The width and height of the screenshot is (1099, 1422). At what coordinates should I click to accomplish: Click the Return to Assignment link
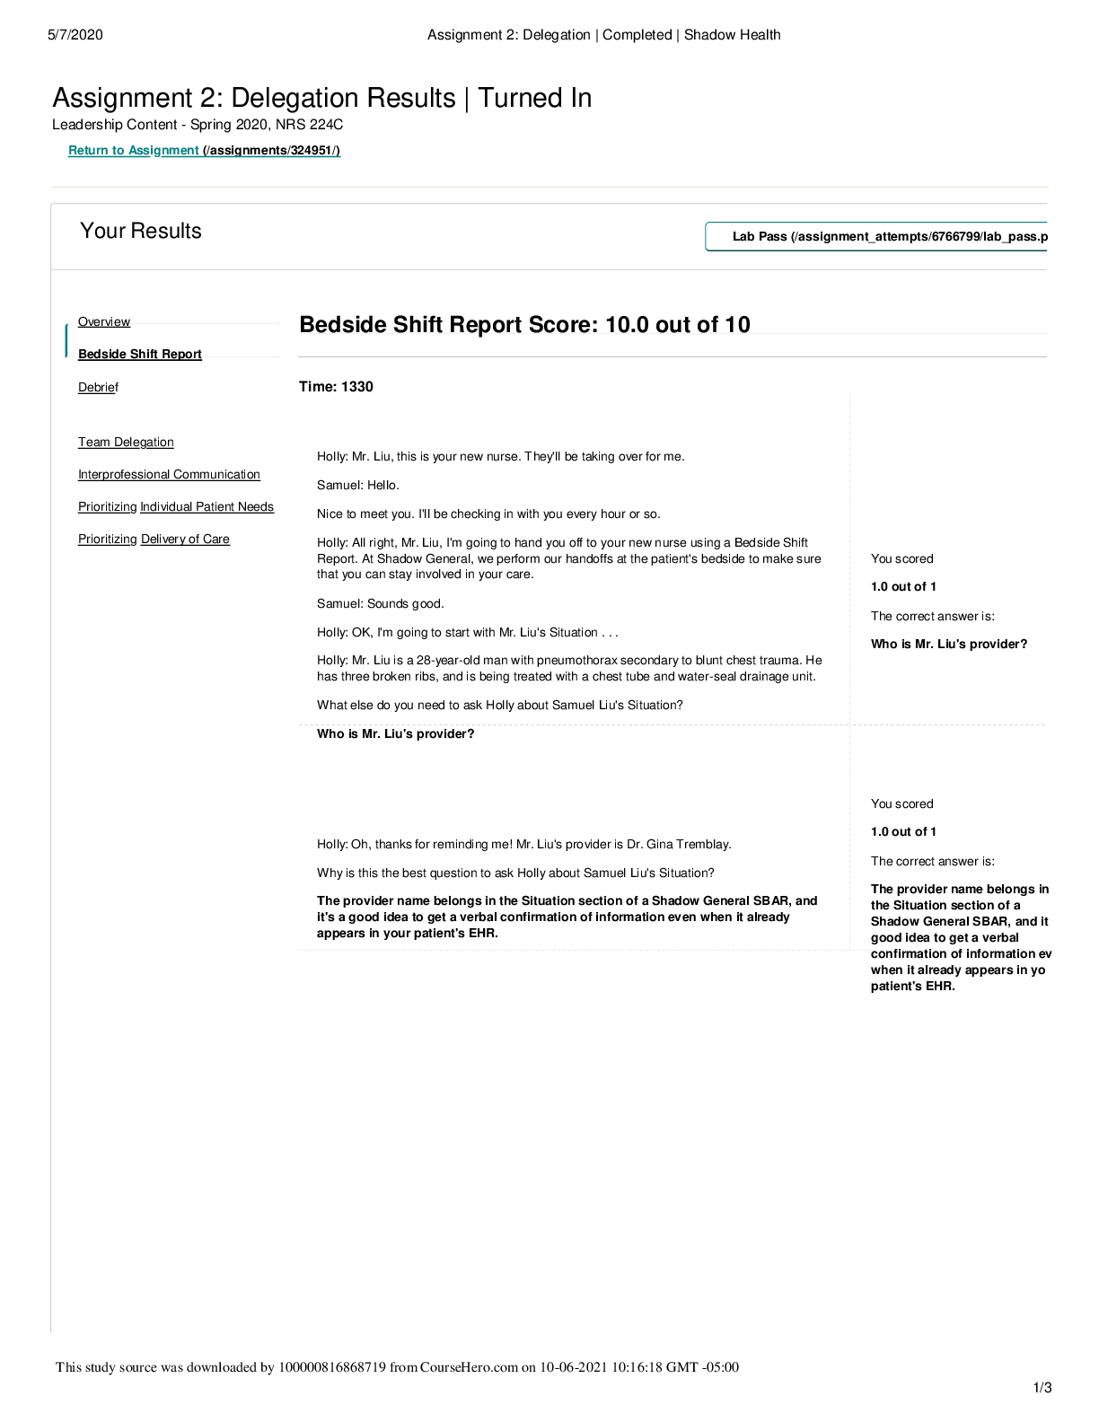(134, 150)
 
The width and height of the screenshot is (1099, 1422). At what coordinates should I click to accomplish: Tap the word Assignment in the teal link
(163, 150)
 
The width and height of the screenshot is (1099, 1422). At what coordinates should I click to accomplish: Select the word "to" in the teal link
(119, 150)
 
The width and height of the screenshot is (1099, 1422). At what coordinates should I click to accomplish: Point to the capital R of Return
(73, 150)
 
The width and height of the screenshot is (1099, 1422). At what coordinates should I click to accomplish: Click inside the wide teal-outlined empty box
(876, 236)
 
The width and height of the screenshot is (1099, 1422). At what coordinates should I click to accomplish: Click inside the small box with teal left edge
(173, 340)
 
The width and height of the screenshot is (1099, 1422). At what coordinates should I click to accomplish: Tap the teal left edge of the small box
(66, 340)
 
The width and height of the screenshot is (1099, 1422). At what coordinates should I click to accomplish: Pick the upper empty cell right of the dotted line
(948, 557)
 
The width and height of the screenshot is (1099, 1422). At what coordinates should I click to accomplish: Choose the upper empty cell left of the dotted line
(573, 557)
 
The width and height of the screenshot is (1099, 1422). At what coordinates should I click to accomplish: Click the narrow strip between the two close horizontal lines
(672, 346)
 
